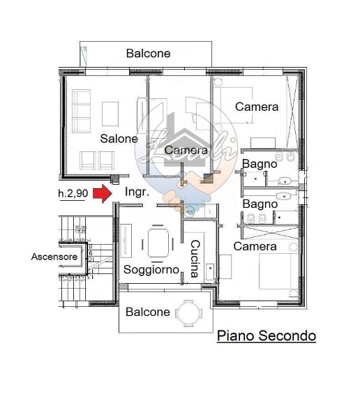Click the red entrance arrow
[102, 193]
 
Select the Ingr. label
[136, 192]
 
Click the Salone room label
[119, 139]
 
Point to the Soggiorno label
[151, 269]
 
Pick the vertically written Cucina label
[195, 259]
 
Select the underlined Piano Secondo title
[266, 336]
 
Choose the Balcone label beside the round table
[147, 312]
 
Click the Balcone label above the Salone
[148, 53]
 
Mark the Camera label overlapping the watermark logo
[186, 150]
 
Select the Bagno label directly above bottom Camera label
[260, 204]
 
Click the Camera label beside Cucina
[255, 246]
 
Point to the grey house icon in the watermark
[180, 133]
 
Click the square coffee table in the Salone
[110, 112]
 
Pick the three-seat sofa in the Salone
[82, 111]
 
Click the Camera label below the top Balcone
[257, 107]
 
